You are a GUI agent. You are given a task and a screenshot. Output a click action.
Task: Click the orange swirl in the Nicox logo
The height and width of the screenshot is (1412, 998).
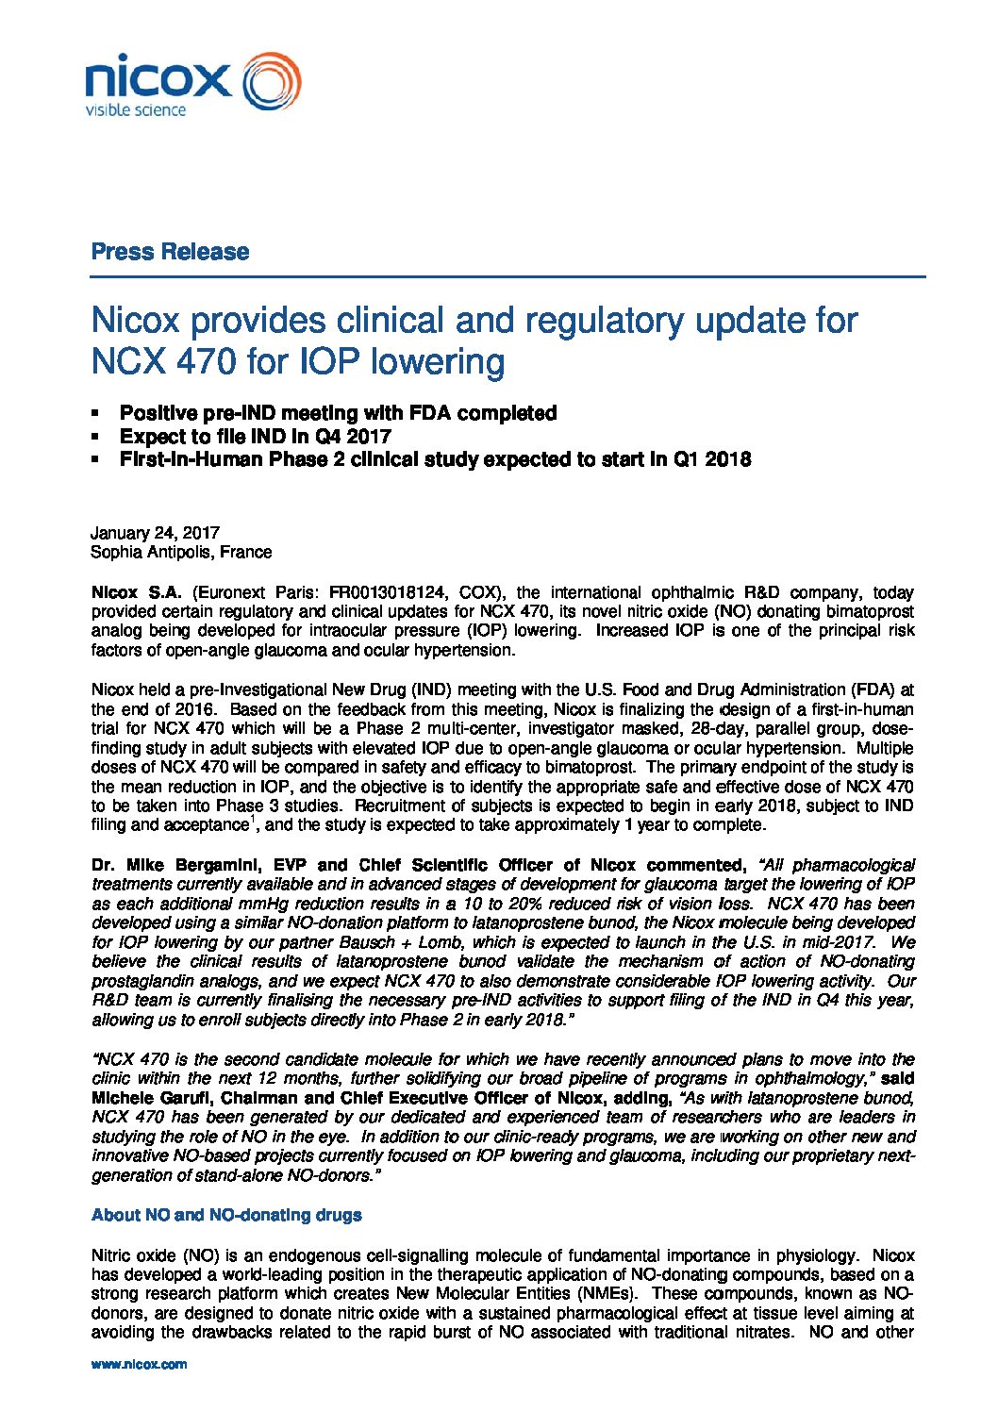(x=272, y=81)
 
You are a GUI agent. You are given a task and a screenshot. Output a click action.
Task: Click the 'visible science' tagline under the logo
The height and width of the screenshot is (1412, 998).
(x=136, y=110)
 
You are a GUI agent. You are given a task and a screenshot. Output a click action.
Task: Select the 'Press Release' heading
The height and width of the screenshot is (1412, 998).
(x=170, y=252)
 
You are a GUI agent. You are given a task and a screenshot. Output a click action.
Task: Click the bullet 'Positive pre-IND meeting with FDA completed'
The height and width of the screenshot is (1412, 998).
(x=338, y=413)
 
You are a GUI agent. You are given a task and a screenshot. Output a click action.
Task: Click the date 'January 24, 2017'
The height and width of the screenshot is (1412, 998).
(x=155, y=533)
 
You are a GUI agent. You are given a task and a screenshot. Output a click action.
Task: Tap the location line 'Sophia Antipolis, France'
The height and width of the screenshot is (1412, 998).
(x=181, y=552)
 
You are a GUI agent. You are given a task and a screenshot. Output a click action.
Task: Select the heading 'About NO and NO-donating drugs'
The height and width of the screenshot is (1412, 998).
(x=226, y=1215)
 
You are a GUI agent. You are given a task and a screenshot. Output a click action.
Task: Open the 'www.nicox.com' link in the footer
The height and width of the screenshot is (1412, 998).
(x=139, y=1364)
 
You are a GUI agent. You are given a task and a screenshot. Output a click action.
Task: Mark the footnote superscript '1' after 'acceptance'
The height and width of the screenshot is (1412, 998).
(x=251, y=821)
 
